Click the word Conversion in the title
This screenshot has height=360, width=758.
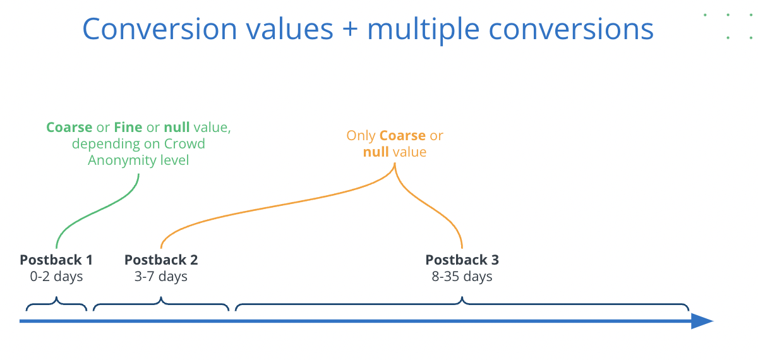[159, 29]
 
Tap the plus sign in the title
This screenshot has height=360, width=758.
[350, 30]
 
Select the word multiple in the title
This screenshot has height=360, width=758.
[423, 30]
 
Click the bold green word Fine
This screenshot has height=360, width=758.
[128, 128]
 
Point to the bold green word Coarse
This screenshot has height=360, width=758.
[69, 128]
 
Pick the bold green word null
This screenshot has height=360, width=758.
[177, 128]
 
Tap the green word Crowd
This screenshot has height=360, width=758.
[184, 144]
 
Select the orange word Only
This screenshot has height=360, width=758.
[361, 136]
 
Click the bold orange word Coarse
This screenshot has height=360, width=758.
[402, 136]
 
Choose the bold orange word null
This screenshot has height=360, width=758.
[376, 152]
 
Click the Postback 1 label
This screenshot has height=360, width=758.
[56, 260]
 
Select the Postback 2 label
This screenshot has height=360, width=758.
[161, 260]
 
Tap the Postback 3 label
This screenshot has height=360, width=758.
[462, 260]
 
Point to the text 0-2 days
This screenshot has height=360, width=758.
[56, 277]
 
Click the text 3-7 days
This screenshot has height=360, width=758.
[160, 277]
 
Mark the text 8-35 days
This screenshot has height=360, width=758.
[462, 277]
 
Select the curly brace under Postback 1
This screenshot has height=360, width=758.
[56, 304]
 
